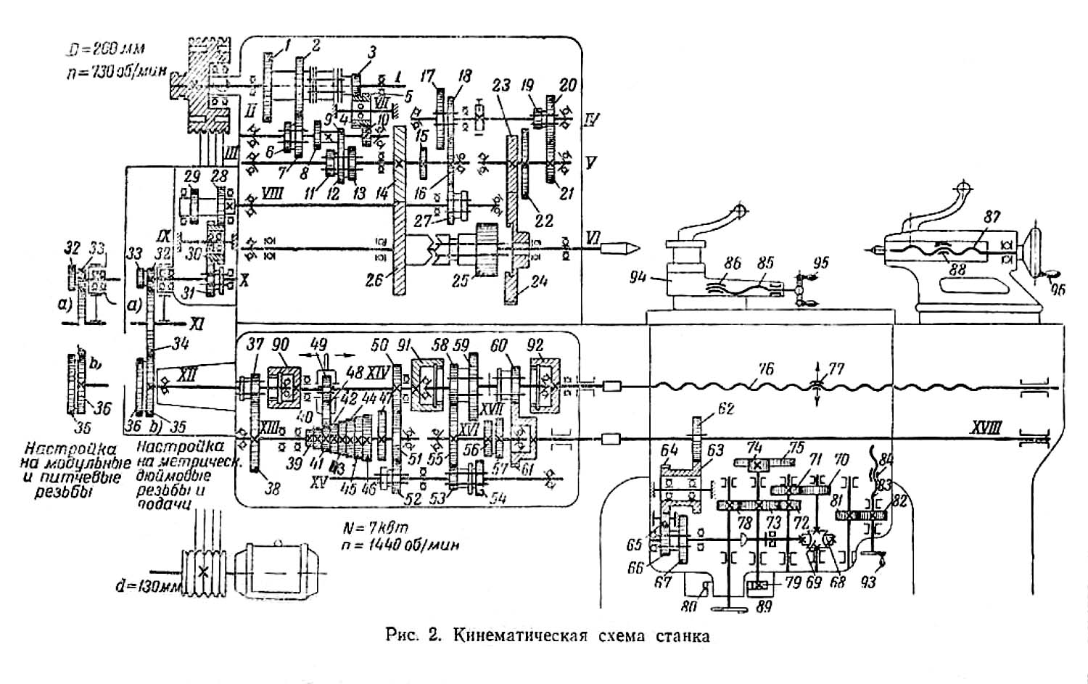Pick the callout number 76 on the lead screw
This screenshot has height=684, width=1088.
tap(765, 369)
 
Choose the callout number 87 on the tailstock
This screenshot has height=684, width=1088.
tap(992, 217)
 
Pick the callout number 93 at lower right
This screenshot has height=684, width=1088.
tap(867, 582)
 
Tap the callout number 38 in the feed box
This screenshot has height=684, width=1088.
tap(272, 489)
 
